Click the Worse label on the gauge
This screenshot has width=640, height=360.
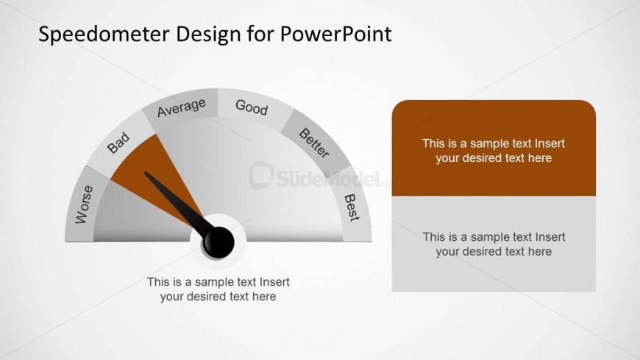coord(84,205)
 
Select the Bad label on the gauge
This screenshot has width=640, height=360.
coord(118,143)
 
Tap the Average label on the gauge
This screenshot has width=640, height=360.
coord(182,107)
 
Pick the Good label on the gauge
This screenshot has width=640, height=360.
coord(252,107)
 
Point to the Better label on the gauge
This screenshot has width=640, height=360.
coord(314,143)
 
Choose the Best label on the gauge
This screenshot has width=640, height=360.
coord(352,208)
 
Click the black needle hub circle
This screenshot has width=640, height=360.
coord(218,243)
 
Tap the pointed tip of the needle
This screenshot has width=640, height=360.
coord(146,172)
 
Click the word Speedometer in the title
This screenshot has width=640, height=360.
coord(104,35)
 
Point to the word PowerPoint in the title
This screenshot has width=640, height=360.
coord(336,34)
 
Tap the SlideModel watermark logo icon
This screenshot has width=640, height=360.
coord(261,175)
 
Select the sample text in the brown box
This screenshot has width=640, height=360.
coord(494,151)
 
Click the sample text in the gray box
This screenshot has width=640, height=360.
coord(494,244)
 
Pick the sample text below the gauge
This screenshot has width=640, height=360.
coord(218,289)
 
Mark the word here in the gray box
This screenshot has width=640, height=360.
coord(540,252)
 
